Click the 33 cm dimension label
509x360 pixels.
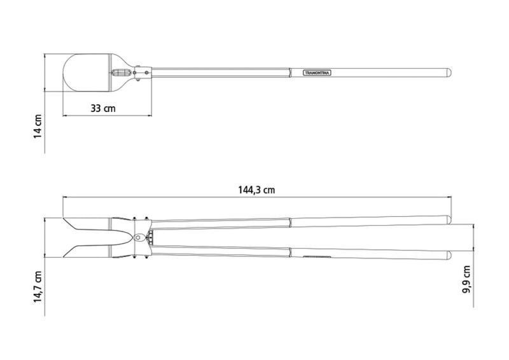point(103,108)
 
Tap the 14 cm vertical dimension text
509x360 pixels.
point(38,126)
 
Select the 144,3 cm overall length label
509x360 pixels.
point(256,190)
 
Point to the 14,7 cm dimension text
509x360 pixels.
point(38,287)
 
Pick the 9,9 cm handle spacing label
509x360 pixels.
point(466,279)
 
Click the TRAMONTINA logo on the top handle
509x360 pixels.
point(317,73)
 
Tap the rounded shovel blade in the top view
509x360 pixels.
point(87,73)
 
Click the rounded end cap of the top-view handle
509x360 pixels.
point(449,73)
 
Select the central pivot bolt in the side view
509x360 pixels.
point(138,237)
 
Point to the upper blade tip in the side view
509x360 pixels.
point(63,218)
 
